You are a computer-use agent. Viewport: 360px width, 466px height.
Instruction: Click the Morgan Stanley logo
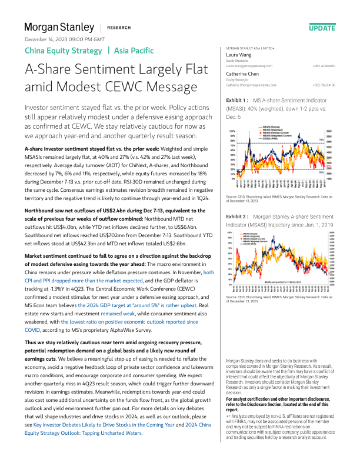pyautogui.click(x=59, y=27)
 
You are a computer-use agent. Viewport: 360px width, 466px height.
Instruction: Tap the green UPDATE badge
pyautogui.click(x=322, y=28)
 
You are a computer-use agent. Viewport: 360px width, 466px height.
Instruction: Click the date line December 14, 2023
pyautogui.click(x=65, y=39)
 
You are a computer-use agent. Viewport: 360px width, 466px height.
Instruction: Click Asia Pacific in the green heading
pyautogui.click(x=134, y=51)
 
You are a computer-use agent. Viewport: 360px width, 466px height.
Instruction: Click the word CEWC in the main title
pyautogui.click(x=136, y=86)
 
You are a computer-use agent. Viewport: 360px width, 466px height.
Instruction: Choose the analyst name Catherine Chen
pyautogui.click(x=243, y=74)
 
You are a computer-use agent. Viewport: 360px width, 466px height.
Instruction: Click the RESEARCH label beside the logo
pyautogui.click(x=119, y=28)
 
